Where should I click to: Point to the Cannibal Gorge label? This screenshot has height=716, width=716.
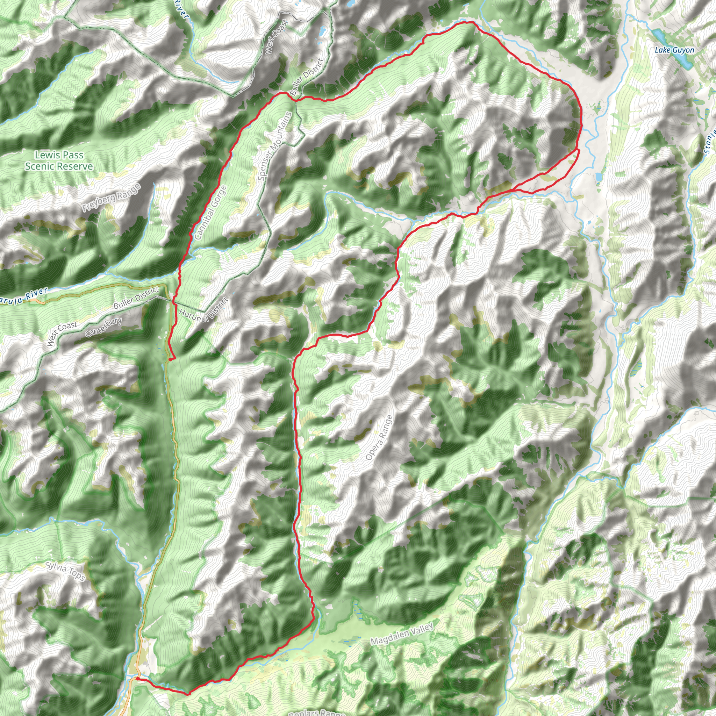click(x=210, y=212)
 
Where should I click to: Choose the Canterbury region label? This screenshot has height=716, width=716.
click(x=103, y=327)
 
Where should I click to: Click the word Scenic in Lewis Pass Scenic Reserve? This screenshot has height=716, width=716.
click(x=41, y=166)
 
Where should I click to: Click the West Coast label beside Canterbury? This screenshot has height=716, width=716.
click(x=62, y=333)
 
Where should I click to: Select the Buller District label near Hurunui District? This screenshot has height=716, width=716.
click(x=136, y=298)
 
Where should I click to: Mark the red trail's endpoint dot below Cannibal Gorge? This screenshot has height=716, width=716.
click(x=170, y=359)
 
